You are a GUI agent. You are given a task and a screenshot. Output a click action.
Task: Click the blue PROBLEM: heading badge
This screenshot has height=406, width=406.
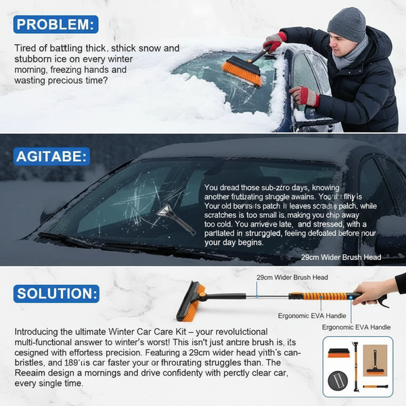pyautogui.click(x=55, y=26)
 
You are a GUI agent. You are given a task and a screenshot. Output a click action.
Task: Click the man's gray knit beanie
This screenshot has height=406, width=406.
pyautogui.click(x=346, y=24)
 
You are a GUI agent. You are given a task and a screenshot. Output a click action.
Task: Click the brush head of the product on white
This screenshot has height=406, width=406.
pyautogui.click(x=191, y=302)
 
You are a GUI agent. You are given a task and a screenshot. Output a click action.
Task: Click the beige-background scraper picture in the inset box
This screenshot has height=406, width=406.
pyautogui.click(x=375, y=359)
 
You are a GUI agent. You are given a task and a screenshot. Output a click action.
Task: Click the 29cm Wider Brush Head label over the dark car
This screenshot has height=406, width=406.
pyautogui.click(x=341, y=257)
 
